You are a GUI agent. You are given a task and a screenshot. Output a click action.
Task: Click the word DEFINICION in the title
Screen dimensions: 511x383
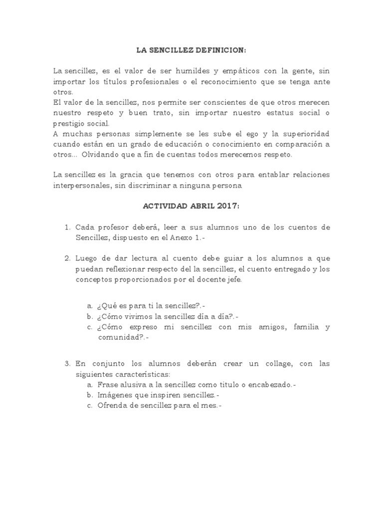[x=221, y=50]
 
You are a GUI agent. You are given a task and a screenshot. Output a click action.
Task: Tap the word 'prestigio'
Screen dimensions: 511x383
[x=69, y=123]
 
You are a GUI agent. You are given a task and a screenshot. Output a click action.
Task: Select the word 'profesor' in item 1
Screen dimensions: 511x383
[x=115, y=227]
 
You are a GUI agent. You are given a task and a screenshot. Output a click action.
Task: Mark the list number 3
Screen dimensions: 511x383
[x=67, y=364]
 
